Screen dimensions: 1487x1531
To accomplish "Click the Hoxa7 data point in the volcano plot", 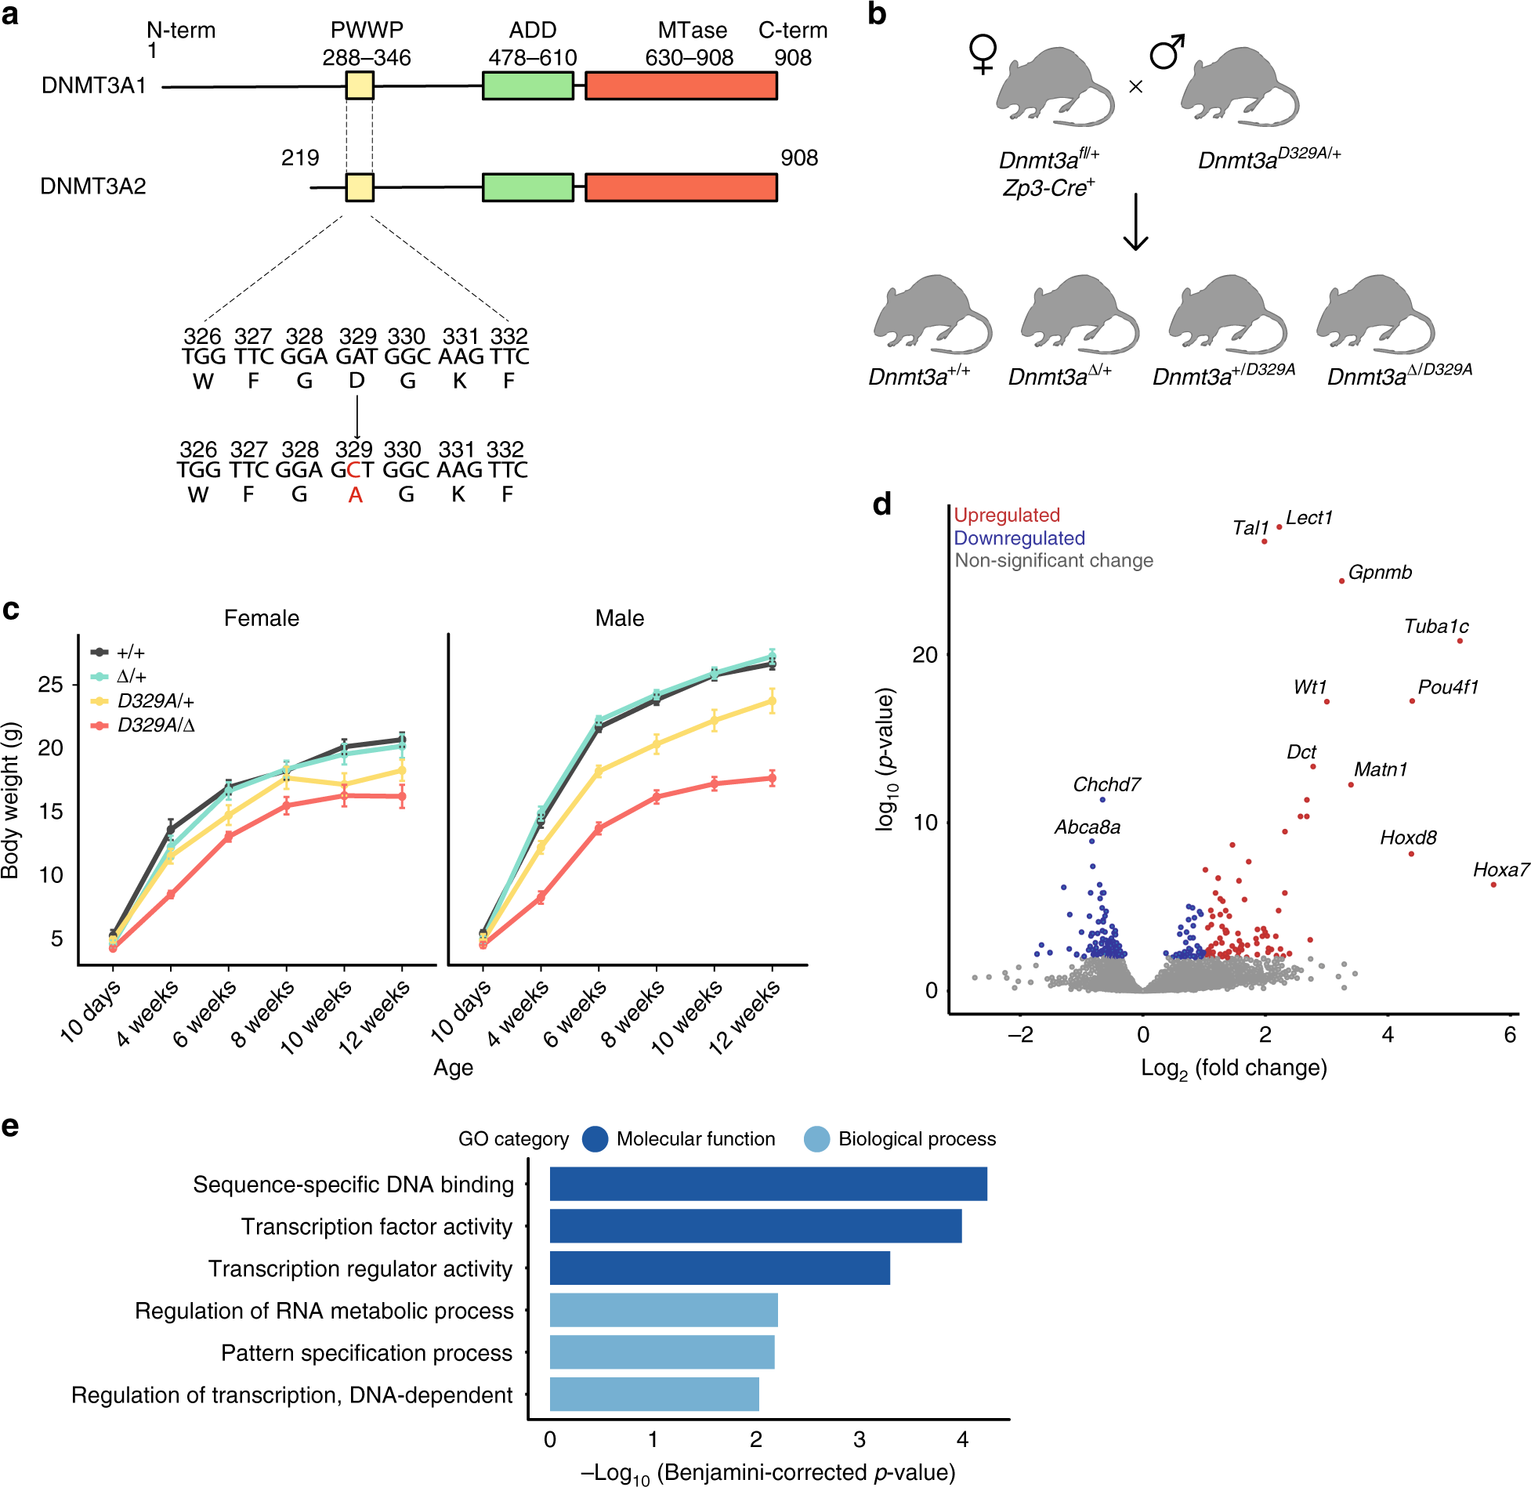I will (1493, 885).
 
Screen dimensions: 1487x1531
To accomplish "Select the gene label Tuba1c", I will (1435, 626).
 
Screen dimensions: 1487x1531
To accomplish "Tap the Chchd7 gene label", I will (1106, 784).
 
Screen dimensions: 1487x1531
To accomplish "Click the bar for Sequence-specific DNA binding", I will (768, 1184).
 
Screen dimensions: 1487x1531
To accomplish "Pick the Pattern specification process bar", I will (662, 1352).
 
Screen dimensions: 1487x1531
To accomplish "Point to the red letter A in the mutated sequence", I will (355, 494).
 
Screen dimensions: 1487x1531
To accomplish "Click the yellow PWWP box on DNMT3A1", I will (360, 85).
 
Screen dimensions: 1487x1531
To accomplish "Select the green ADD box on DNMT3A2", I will (527, 187).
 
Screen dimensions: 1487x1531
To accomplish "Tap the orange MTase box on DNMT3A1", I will (681, 85).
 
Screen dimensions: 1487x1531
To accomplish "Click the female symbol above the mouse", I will (983, 53).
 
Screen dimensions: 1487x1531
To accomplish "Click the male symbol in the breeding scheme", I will (1167, 52).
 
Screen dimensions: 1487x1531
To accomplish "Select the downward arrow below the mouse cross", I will (1135, 223).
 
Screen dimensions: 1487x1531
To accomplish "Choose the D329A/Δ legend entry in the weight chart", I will (155, 725).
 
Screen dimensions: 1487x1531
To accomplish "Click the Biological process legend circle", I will (816, 1139).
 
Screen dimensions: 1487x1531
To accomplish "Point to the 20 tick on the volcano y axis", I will (925, 654).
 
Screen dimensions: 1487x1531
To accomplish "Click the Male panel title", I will (619, 618).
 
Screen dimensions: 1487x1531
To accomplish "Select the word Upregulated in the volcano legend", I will (1006, 515).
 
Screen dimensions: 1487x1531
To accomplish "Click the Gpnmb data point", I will (1341, 581).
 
